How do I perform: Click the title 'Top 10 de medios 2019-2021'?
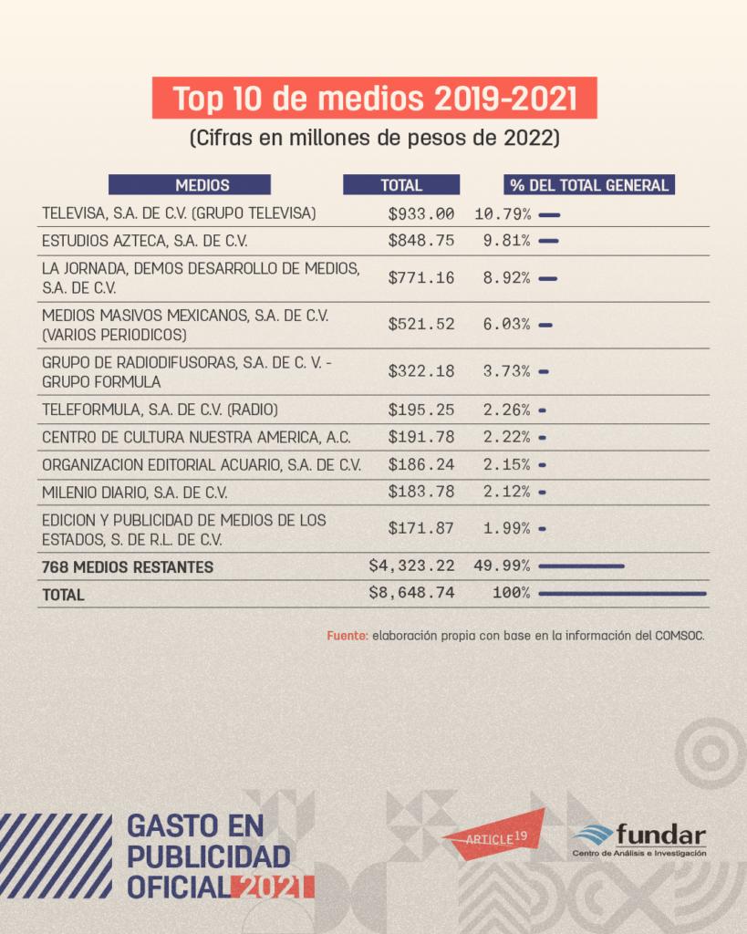[374, 99]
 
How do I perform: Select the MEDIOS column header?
[190, 185]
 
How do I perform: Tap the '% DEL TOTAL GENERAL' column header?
[589, 185]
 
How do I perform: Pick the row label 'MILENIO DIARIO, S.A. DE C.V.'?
[135, 493]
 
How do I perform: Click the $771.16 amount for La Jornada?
[420, 278]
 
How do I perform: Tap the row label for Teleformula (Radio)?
[160, 409]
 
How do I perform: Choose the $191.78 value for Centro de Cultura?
[420, 437]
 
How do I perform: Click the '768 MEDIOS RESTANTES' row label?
[128, 567]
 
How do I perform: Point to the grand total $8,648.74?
[411, 593]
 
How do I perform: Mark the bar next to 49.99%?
[581, 566]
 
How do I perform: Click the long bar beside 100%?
[622, 594]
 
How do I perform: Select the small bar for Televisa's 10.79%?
[549, 215]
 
